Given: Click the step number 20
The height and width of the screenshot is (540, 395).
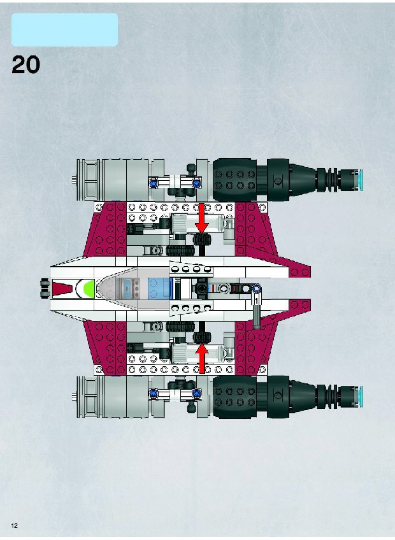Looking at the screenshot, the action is (x=26, y=65).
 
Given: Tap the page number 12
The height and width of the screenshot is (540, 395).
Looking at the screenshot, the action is (x=15, y=525).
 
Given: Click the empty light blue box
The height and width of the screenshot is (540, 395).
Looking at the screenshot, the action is (x=64, y=30).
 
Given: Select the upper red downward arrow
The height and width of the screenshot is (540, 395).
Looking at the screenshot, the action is (x=201, y=218).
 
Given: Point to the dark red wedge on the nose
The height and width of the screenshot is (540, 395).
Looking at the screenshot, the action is (x=61, y=288).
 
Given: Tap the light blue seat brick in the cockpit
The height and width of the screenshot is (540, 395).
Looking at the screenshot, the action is (x=159, y=288).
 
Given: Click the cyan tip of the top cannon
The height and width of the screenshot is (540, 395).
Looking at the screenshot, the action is (x=361, y=180).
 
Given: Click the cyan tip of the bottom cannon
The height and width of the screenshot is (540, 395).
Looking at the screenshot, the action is (x=361, y=396).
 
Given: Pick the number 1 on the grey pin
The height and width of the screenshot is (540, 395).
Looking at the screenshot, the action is (x=257, y=301).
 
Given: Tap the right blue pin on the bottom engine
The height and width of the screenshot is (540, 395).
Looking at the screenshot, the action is (x=196, y=393).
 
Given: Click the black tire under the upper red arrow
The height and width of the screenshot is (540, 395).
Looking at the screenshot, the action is (x=201, y=239).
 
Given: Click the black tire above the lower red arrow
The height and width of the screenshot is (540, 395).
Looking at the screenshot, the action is (x=201, y=337).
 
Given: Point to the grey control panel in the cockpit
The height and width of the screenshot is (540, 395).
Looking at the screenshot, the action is (x=128, y=288).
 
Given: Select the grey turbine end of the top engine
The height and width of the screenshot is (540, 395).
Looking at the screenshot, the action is (x=88, y=180).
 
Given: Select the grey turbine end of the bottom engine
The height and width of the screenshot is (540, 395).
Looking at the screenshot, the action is (x=88, y=396).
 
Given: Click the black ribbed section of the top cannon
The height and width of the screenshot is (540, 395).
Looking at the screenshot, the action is (x=328, y=180).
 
